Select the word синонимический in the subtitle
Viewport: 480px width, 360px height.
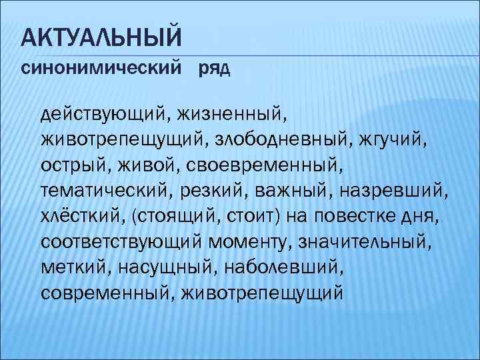[100, 69]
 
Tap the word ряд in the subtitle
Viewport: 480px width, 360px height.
[215, 69]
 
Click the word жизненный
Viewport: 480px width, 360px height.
[230, 115]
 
